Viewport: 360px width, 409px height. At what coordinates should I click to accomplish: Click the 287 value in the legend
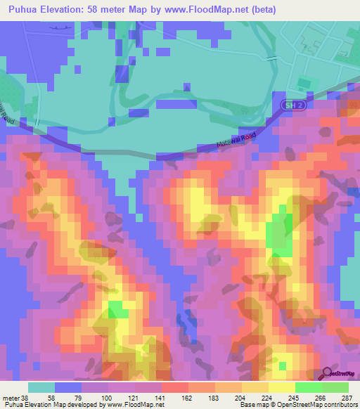click(348, 396)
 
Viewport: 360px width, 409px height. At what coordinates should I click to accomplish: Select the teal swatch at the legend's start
click(41, 387)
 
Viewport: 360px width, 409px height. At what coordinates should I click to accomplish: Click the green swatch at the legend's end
click(335, 387)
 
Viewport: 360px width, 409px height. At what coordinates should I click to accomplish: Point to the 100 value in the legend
click(96, 396)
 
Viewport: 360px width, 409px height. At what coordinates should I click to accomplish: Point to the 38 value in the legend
click(27, 396)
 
